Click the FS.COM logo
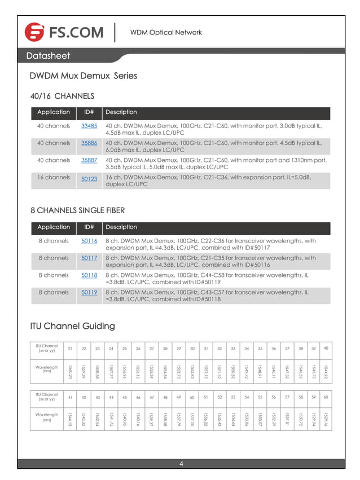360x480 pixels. pyautogui.click(x=64, y=32)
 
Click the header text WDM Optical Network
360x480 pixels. pyautogui.click(x=166, y=32)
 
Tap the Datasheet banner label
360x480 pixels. pyautogui.click(x=48, y=56)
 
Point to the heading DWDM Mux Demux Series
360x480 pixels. pyautogui.click(x=83, y=76)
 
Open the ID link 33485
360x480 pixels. pyautogui.click(x=89, y=126)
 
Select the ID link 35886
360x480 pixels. pyautogui.click(x=89, y=143)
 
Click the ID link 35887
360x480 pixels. pyautogui.click(x=89, y=160)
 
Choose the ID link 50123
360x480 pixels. pyautogui.click(x=89, y=179)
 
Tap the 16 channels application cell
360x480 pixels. pyautogui.click(x=54, y=177)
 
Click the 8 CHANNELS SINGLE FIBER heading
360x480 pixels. pyautogui.click(x=77, y=210)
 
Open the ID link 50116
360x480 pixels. pyautogui.click(x=89, y=241)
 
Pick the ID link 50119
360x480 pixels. pyautogui.click(x=89, y=292)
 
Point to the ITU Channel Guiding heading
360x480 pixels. pyautogui.click(x=72, y=326)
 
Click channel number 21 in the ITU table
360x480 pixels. pyautogui.click(x=70, y=349)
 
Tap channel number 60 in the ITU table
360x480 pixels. pyautogui.click(x=326, y=397)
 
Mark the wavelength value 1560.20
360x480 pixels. pyautogui.click(x=70, y=372)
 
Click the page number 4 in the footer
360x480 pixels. pyautogui.click(x=181, y=464)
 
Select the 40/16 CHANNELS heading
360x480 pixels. pyautogui.click(x=62, y=96)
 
